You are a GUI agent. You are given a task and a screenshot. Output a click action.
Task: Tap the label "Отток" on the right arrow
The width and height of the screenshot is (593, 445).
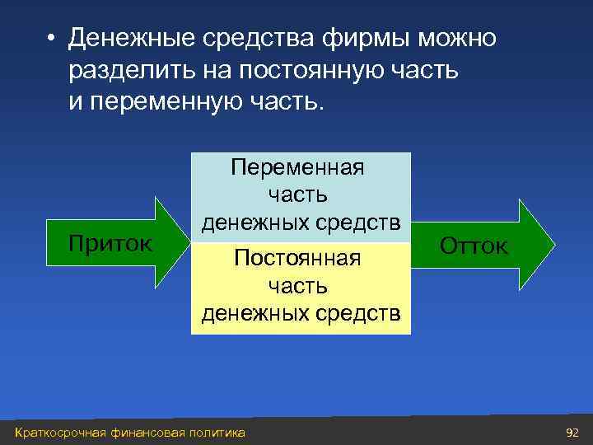[x=474, y=245]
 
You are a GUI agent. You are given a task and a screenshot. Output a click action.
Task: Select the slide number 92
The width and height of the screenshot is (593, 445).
[x=572, y=433]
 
